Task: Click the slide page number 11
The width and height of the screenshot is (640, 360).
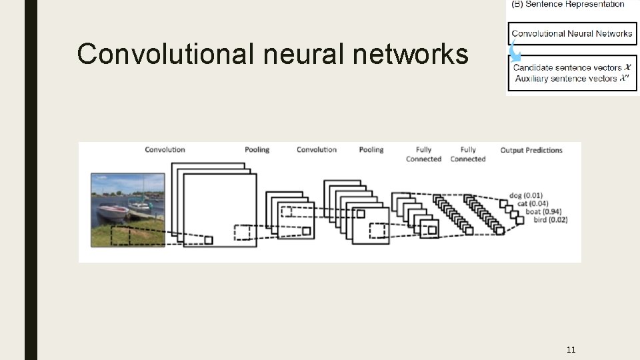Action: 571,349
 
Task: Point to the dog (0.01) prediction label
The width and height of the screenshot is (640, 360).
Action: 525,195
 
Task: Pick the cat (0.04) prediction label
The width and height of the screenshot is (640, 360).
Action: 533,203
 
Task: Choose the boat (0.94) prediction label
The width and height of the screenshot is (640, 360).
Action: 543,211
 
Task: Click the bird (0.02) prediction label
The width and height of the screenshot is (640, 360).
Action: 551,219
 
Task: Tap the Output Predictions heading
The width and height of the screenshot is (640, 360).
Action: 531,150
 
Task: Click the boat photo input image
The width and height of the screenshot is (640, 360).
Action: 127,209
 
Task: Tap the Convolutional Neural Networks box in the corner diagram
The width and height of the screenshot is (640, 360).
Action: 572,33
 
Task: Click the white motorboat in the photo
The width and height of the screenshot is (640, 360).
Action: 113,213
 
